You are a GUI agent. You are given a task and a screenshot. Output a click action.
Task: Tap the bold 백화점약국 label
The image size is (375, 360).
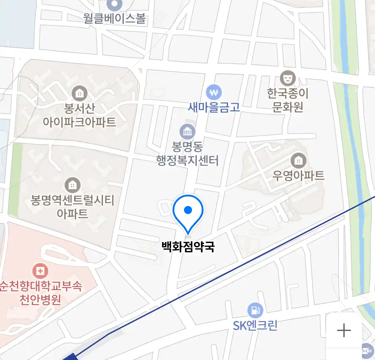click(188, 247)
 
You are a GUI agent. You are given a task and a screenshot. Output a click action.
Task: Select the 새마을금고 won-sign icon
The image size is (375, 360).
click(214, 92)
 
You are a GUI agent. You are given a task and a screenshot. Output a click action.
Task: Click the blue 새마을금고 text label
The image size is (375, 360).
click(214, 107)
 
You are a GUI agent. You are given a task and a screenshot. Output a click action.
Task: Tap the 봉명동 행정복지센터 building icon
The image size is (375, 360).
click(187, 132)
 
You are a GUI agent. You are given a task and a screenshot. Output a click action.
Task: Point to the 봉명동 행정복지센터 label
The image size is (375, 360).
click(187, 154)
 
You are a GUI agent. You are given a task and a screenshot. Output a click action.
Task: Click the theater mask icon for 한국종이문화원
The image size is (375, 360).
click(288, 78)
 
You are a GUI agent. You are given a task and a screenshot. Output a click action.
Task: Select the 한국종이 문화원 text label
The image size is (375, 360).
click(288, 100)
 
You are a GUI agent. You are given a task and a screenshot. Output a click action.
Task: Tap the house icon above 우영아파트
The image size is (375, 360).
click(298, 161)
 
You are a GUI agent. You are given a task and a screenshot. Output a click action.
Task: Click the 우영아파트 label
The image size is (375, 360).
click(298, 176)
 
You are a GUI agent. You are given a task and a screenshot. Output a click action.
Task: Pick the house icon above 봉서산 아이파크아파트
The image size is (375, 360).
click(79, 93)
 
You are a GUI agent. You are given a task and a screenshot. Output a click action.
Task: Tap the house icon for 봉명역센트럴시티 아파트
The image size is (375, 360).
click(72, 185)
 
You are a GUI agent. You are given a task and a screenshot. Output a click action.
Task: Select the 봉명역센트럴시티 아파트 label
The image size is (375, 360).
click(72, 207)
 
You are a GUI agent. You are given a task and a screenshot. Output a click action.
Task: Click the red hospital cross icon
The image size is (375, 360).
click(40, 271)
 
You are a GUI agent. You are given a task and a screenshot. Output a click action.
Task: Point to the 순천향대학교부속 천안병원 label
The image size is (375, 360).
click(40, 293)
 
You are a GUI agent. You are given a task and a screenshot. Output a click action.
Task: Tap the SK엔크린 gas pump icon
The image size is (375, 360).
click(255, 311)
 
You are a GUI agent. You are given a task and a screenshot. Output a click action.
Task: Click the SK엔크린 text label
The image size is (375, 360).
click(255, 325)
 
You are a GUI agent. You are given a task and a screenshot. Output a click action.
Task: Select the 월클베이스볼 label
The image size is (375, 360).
click(115, 18)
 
